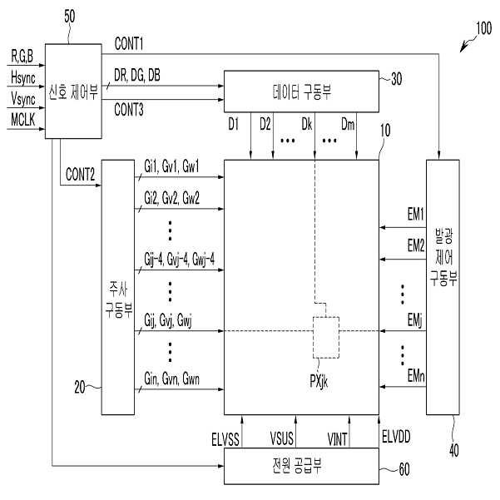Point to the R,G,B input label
coord(23,57)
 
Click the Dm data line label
coord(350,126)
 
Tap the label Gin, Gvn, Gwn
coord(171,377)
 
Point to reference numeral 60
coord(404,470)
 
